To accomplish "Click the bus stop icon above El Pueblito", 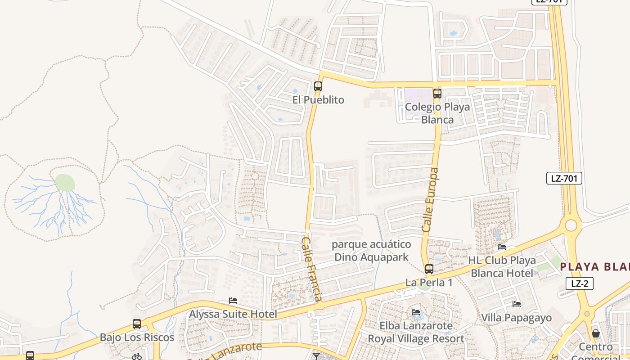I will [x=318, y=86].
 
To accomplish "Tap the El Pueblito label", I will [x=318, y=100].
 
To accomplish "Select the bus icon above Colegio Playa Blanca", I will [x=437, y=94].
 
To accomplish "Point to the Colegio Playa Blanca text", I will [x=437, y=113].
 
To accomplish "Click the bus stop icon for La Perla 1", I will [x=429, y=269].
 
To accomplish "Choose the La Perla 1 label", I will [x=429, y=283].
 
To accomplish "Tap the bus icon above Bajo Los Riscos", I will [x=137, y=324].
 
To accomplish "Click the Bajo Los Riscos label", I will [x=137, y=337].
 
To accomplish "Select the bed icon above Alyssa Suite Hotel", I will [x=233, y=301].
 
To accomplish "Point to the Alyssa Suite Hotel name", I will [x=233, y=314].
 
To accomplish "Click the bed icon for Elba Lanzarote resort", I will [x=416, y=312].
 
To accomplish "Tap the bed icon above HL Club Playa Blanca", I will [x=502, y=247].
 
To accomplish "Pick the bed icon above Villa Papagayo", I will [x=517, y=304].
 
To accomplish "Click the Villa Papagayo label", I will [x=517, y=318].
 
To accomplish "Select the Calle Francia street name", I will [x=311, y=269].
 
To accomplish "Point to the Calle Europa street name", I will [x=430, y=200].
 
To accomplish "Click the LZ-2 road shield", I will [x=580, y=283].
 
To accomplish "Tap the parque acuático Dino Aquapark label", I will [x=371, y=251].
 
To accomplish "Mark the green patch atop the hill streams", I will [x=65, y=182].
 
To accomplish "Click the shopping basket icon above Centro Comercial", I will [x=596, y=333].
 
